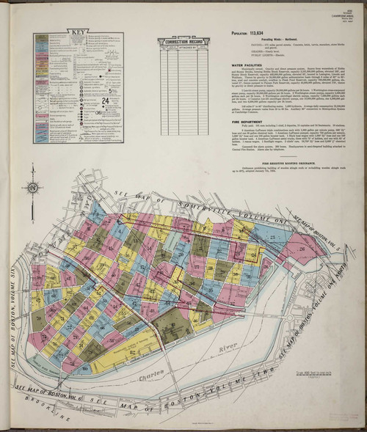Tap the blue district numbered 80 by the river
click(87, 367)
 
